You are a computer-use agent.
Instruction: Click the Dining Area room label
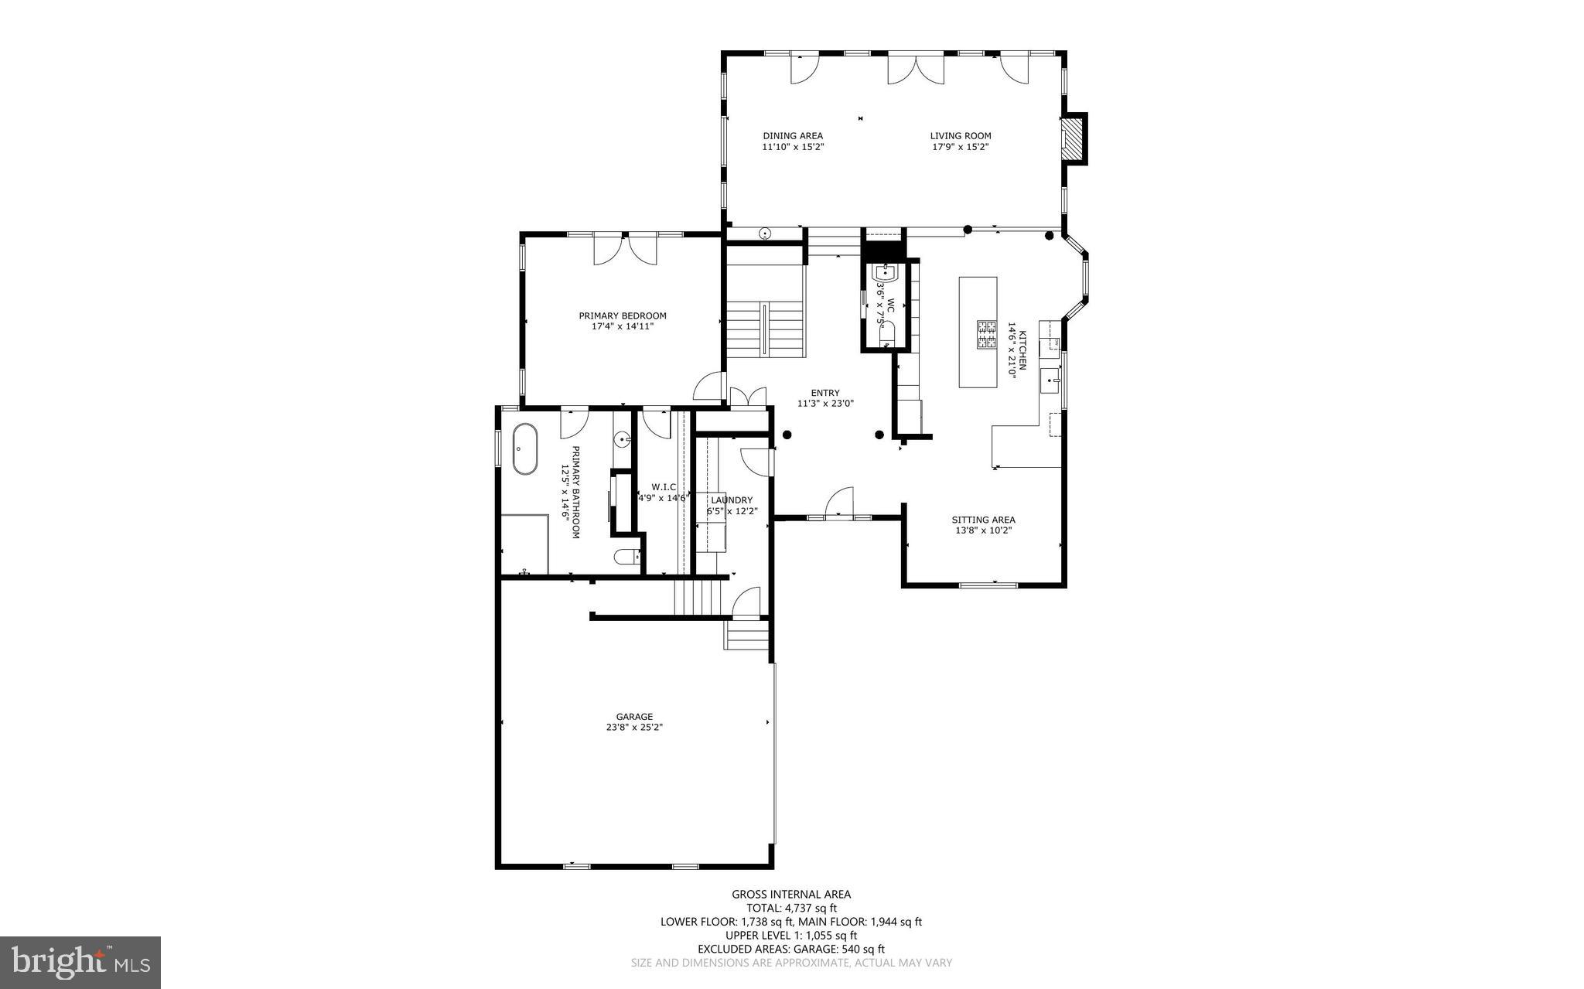coord(793,136)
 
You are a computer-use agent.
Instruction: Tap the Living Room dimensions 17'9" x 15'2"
coord(961,147)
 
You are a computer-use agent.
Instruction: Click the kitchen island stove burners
coord(986,336)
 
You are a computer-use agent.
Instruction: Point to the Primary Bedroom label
coord(623,315)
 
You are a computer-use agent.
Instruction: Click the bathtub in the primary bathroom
coord(525,448)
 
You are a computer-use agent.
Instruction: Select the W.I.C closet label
coord(664,487)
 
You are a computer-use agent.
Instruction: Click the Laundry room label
coord(731,500)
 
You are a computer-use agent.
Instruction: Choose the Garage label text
coord(634,717)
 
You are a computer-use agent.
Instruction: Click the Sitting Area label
coord(983,520)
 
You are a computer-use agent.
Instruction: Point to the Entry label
coord(824,393)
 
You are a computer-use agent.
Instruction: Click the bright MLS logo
coord(80,962)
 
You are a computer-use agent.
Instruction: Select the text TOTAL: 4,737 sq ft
coord(791,909)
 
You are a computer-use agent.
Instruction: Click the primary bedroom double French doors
coord(625,249)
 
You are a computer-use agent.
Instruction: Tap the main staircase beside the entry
coord(765,329)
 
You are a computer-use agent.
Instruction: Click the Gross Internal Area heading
coord(791,895)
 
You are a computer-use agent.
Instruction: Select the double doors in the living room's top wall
coord(916,68)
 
